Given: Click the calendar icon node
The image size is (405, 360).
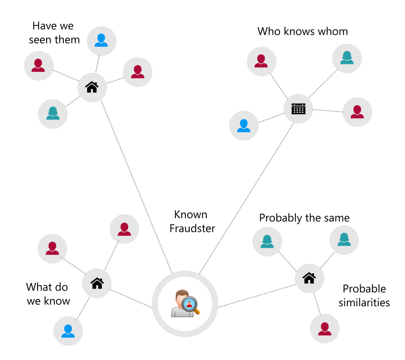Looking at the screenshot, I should point(298,108).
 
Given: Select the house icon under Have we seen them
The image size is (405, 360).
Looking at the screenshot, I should point(91,87).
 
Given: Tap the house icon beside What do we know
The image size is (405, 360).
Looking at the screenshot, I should point(97,283).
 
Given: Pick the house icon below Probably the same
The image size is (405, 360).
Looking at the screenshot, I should point(309,277).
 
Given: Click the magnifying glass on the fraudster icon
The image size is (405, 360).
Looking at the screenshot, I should point(191,304).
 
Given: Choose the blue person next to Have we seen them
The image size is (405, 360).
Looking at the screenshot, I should point(101,40).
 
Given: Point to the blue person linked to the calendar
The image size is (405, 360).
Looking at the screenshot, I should point(243,125).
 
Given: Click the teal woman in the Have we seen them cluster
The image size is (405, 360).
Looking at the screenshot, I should point(52,113).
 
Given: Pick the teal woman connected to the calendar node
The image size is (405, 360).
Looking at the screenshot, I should point(346,58).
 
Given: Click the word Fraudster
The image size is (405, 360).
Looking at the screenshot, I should point(192,229).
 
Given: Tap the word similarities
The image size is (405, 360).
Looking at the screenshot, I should point(364,302).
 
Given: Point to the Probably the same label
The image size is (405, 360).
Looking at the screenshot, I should point(304,218).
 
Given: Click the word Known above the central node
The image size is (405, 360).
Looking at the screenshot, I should point(191,215).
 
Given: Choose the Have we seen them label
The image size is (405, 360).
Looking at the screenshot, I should point(54,32).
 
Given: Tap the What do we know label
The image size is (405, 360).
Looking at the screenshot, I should point(48,294).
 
